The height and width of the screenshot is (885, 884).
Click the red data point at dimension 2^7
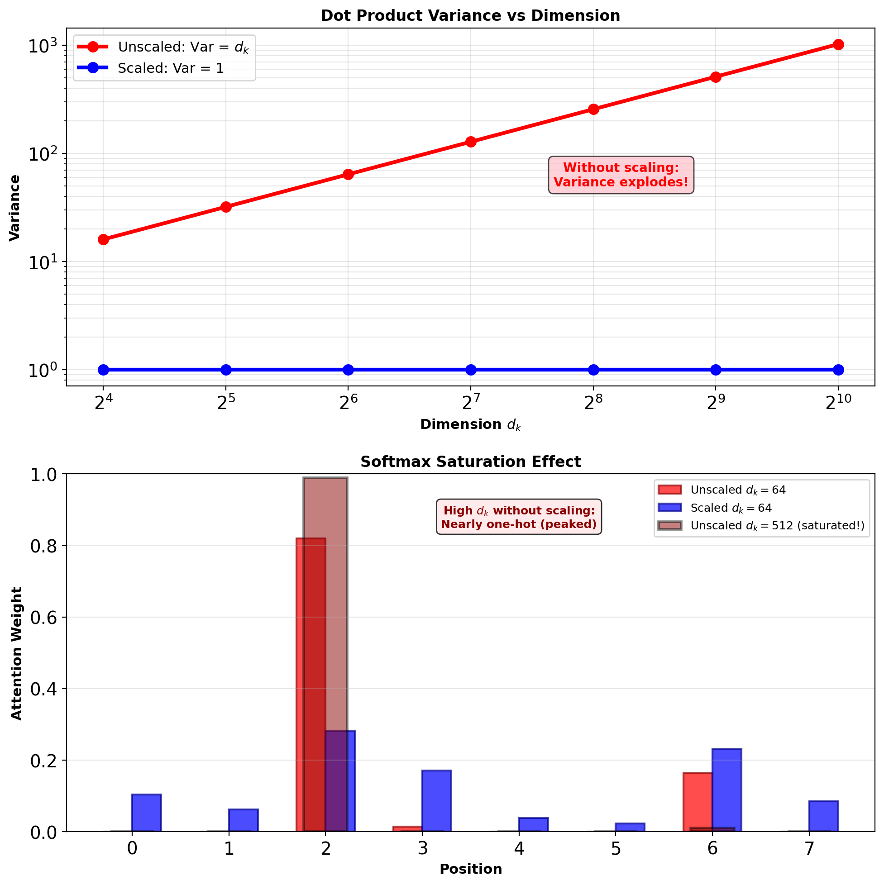[471, 142]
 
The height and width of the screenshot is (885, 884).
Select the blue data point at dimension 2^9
[716, 370]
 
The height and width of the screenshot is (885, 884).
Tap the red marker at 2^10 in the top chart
[838, 44]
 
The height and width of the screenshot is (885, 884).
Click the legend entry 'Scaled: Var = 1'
[171, 68]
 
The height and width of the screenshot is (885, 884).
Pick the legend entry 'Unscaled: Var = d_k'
[183, 47]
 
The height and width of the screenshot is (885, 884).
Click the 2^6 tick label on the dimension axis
[348, 402]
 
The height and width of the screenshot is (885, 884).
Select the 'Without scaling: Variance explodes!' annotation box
[621, 175]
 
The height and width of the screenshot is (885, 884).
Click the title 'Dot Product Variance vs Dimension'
[470, 15]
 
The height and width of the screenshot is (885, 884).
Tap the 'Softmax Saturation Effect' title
[470, 462]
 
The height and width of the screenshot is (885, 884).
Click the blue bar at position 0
[147, 813]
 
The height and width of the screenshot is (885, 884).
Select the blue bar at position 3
[437, 801]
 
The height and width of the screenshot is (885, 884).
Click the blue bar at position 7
[823, 816]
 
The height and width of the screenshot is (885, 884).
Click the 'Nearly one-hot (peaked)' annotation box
[519, 517]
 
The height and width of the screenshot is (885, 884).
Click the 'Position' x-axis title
[471, 869]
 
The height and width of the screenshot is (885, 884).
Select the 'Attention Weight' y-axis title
[16, 653]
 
